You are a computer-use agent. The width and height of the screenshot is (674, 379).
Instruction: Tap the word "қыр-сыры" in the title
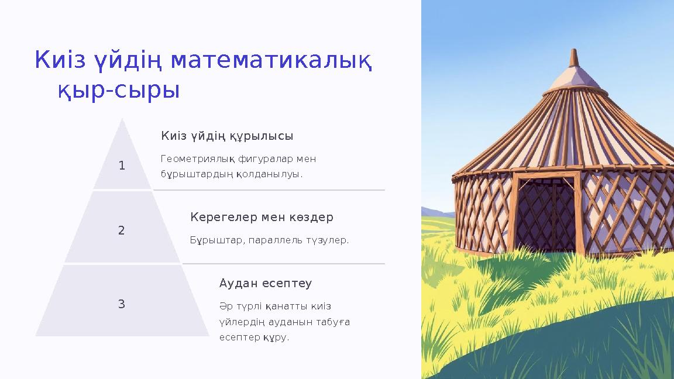click(119, 90)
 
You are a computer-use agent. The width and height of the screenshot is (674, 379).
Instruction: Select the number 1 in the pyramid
click(122, 166)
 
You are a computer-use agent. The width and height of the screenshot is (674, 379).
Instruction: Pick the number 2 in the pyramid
click(122, 230)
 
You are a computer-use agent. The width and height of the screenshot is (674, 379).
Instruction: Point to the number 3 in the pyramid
click(122, 304)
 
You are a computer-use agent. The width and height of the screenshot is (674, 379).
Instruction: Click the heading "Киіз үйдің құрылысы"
click(227, 136)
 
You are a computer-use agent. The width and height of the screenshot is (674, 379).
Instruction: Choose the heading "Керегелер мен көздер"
click(262, 218)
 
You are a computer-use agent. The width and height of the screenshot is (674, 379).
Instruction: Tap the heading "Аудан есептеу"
click(266, 284)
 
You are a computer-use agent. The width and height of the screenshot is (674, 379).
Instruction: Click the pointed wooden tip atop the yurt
click(574, 57)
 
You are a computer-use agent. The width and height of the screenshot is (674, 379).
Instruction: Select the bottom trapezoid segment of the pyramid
click(122, 301)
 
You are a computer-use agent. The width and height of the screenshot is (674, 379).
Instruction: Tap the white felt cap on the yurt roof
click(574, 78)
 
